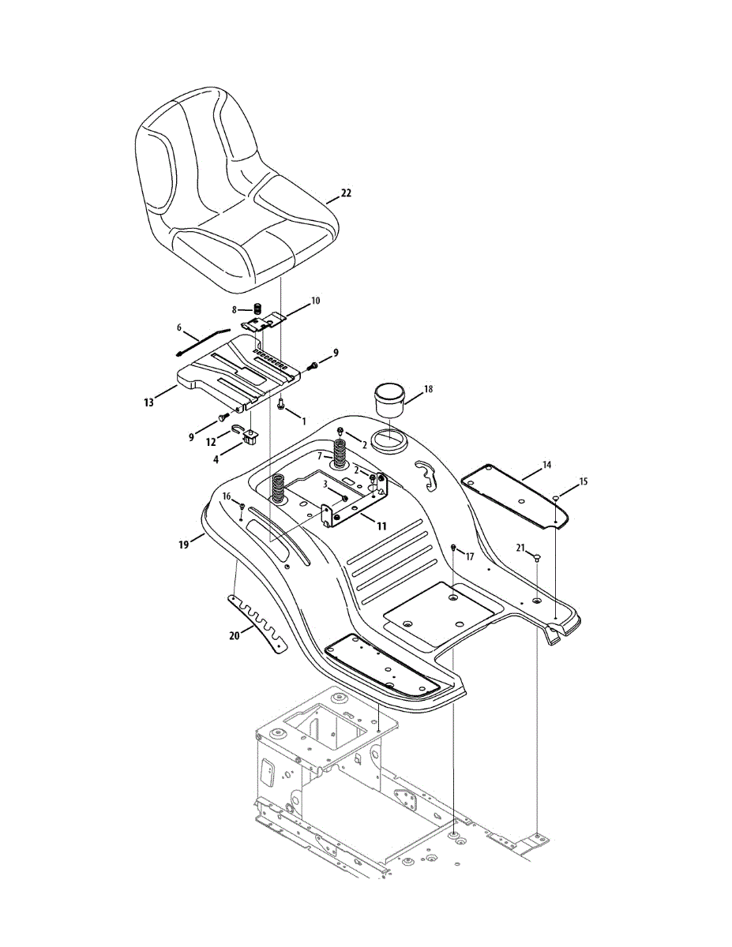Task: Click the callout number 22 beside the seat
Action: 346,193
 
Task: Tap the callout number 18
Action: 429,390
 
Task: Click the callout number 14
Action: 547,466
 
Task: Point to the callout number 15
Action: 584,481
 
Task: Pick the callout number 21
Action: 520,548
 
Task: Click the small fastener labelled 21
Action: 537,558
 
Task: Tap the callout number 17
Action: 470,556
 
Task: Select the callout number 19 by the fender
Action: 184,544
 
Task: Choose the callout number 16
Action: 227,496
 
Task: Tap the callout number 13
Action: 148,402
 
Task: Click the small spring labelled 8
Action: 257,309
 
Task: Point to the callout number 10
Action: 315,301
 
